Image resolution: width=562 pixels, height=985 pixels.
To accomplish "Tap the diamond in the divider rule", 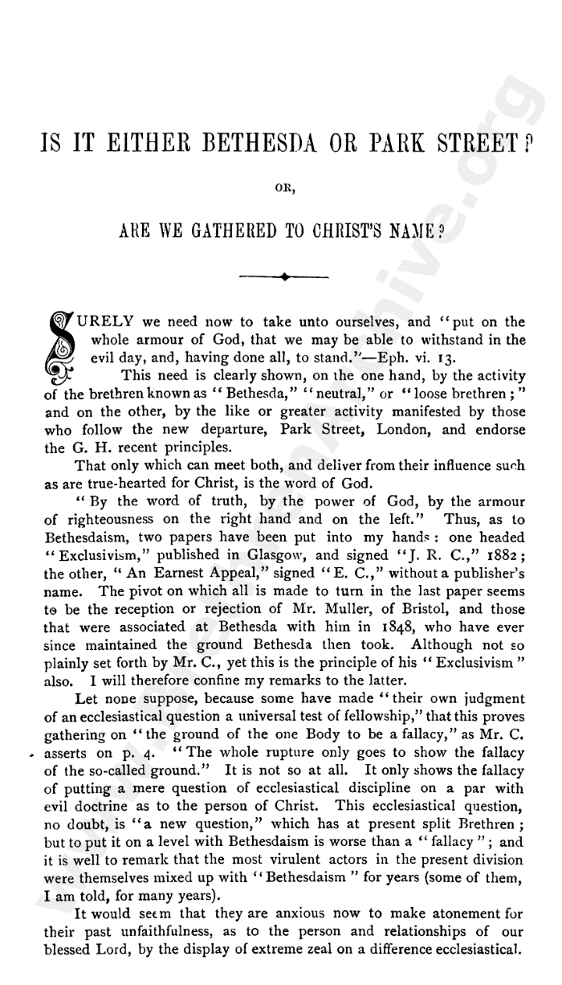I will click(284, 277).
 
